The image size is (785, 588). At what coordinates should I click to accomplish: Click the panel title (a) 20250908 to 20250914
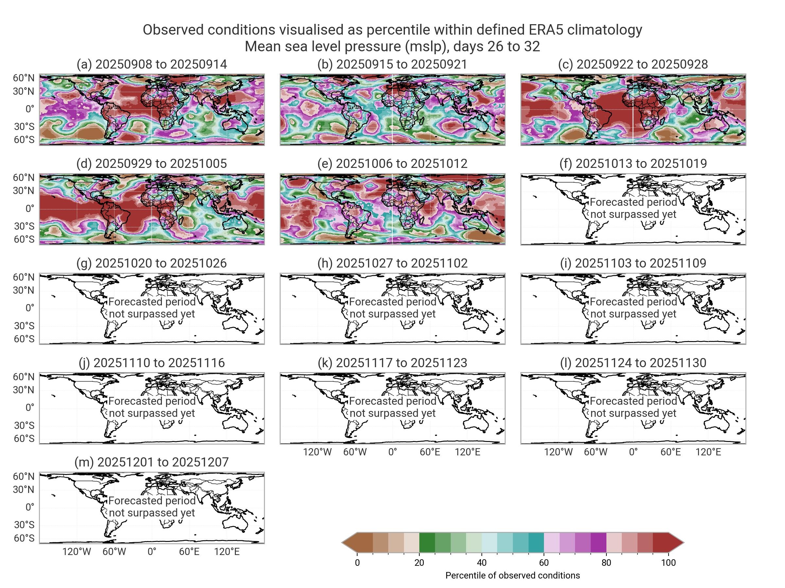(151, 64)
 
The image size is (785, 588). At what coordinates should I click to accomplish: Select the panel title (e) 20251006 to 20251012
(392, 163)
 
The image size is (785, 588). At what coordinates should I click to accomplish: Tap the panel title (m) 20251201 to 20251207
(151, 462)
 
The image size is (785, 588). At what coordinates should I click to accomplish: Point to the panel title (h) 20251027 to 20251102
(392, 263)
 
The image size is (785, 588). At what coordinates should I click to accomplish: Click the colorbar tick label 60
(544, 563)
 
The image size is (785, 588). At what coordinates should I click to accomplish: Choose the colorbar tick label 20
(419, 563)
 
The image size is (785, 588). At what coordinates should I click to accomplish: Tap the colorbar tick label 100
(668, 563)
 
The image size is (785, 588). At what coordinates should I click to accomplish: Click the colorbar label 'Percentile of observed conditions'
(513, 576)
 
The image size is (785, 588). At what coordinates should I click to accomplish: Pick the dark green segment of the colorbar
(427, 543)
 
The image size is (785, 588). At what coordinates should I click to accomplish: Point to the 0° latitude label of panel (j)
(30, 408)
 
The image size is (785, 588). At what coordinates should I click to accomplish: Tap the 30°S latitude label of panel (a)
(24, 126)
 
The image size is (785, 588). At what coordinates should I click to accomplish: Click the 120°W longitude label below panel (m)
(77, 552)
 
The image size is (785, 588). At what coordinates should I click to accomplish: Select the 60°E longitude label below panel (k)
(430, 452)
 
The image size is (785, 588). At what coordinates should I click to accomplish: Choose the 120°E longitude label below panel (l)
(708, 452)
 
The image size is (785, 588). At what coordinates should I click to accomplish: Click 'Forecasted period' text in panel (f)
(633, 202)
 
